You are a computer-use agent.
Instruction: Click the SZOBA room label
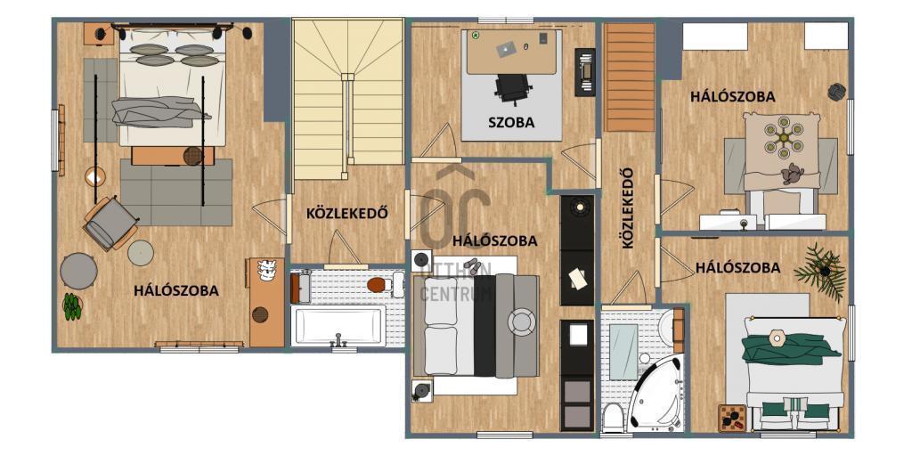tap(511, 123)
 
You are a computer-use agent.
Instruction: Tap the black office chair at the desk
tap(513, 90)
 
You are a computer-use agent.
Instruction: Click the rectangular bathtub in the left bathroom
tap(338, 326)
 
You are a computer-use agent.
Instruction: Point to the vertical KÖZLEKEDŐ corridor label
tap(628, 208)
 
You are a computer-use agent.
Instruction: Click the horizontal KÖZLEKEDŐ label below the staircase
tap(347, 214)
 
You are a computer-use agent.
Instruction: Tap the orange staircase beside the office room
tap(630, 77)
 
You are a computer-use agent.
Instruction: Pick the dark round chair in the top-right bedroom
tap(837, 92)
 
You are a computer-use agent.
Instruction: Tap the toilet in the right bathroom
tap(613, 418)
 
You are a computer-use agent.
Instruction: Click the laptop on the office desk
tap(506, 49)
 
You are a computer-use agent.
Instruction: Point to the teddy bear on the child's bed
tap(792, 173)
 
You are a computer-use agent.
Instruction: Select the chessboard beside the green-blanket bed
tap(732, 418)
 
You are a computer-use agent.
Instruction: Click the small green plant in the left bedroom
tap(72, 306)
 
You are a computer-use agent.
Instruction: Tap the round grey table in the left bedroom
tap(78, 271)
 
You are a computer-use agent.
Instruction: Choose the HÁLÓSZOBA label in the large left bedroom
tap(176, 290)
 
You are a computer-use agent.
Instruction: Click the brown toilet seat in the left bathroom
tap(377, 285)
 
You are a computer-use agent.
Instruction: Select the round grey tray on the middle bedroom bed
tap(521, 322)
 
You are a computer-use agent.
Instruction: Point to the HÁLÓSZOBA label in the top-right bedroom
tap(733, 96)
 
